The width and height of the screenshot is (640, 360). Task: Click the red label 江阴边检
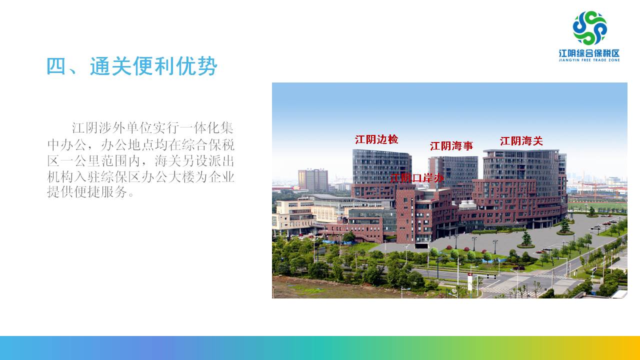(x=376, y=139)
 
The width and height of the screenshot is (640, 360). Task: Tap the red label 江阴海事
(x=451, y=146)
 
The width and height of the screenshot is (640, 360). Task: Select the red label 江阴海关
(x=521, y=141)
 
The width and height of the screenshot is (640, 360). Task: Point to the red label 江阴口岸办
(x=417, y=178)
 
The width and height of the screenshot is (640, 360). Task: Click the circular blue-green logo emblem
(x=590, y=28)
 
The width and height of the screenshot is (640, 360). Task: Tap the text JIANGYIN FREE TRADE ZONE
(x=589, y=60)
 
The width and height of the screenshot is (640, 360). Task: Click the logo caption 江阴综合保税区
(x=589, y=53)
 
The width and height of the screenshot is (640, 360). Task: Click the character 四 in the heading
(x=56, y=66)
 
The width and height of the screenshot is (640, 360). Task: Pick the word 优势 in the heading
(x=197, y=66)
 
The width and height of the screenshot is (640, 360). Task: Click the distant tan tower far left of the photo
(x=313, y=180)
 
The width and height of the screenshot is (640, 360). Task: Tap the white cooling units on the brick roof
(x=467, y=205)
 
